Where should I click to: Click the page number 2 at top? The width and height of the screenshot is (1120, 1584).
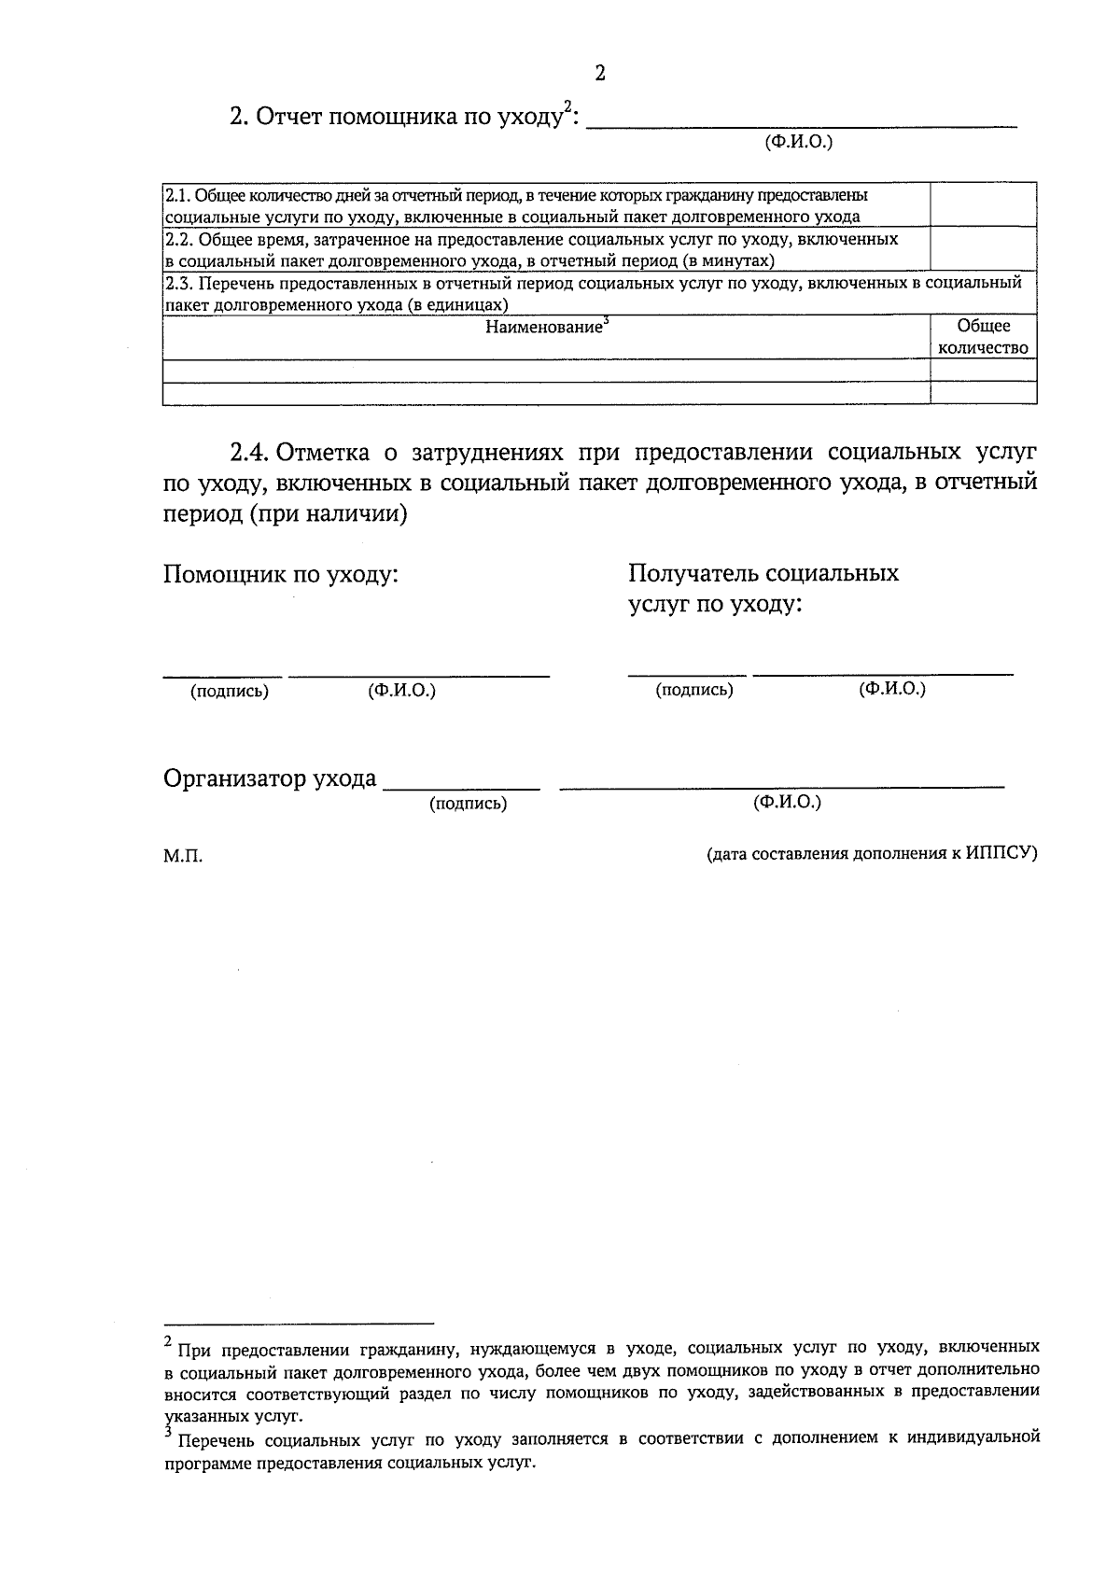pyautogui.click(x=600, y=73)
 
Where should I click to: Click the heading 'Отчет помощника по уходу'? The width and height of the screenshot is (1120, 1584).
pyautogui.click(x=401, y=118)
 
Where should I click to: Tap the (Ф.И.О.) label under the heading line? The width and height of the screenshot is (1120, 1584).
pyautogui.click(x=798, y=142)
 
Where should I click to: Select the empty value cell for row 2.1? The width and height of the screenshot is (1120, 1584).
pyautogui.click(x=983, y=205)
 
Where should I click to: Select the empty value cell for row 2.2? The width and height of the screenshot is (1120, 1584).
pyautogui.click(x=983, y=249)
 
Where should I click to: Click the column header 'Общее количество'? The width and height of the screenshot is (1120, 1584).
pyautogui.click(x=983, y=337)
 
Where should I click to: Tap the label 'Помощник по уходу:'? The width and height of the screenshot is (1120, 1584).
pyautogui.click(x=281, y=574)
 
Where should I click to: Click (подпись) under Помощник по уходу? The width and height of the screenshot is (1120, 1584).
pyautogui.click(x=230, y=692)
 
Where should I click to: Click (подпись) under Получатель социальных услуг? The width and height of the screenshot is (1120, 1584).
pyautogui.click(x=693, y=690)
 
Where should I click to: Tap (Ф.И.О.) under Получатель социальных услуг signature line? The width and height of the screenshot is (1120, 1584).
pyautogui.click(x=892, y=689)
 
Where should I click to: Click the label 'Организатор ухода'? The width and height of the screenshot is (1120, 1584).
pyautogui.click(x=270, y=778)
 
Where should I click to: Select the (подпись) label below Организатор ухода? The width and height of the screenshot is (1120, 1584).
pyautogui.click(x=468, y=804)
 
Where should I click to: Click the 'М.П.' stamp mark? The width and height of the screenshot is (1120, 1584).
pyautogui.click(x=183, y=856)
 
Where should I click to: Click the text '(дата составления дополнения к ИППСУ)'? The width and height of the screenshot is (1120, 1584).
pyautogui.click(x=872, y=853)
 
